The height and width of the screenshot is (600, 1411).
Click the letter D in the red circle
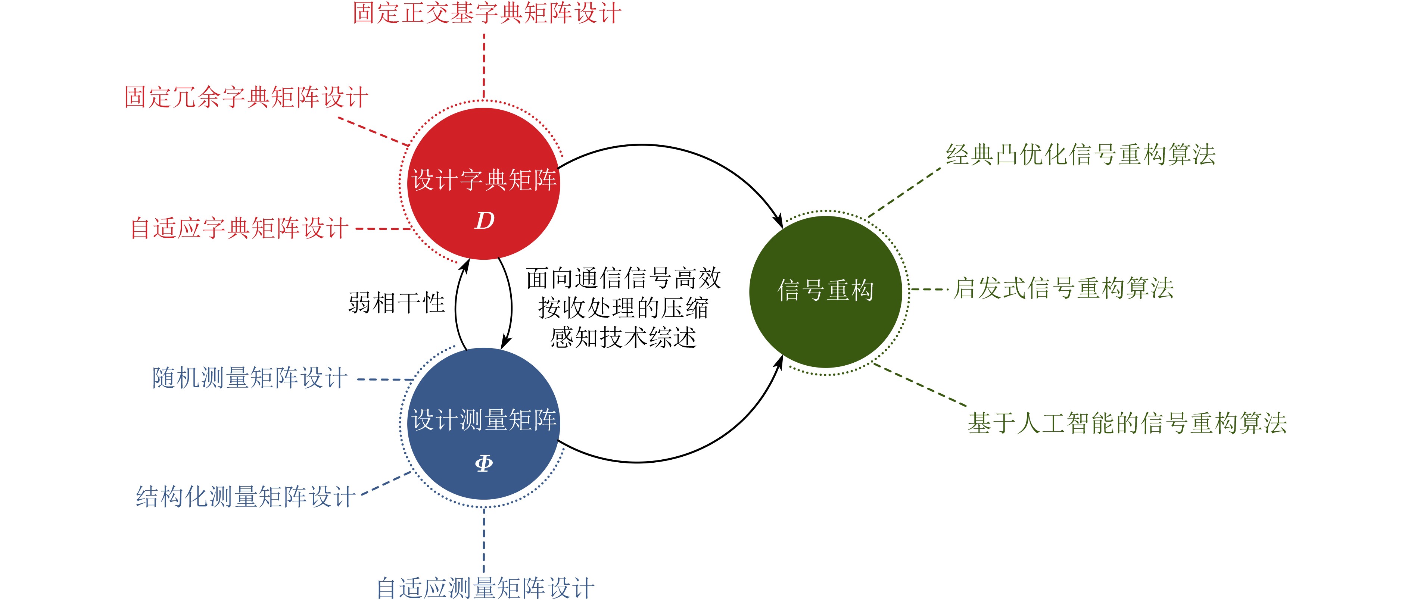tap(484, 221)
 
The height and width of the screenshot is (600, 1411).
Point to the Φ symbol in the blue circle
tap(484, 463)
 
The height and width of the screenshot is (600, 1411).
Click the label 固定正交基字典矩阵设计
tap(486, 13)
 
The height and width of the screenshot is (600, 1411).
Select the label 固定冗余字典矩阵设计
tap(246, 97)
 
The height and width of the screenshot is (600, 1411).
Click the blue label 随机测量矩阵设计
tap(250, 378)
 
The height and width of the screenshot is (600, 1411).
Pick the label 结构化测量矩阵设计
tap(245, 497)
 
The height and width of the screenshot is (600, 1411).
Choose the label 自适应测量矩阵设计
tap(485, 588)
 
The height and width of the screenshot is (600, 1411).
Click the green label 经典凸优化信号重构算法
tap(1081, 154)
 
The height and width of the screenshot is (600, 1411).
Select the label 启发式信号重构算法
tap(1064, 288)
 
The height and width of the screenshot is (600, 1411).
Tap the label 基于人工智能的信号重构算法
tap(1127, 423)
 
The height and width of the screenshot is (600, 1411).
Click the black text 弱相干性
tap(396, 303)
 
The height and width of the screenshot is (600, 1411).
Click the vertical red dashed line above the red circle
tap(484, 66)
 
